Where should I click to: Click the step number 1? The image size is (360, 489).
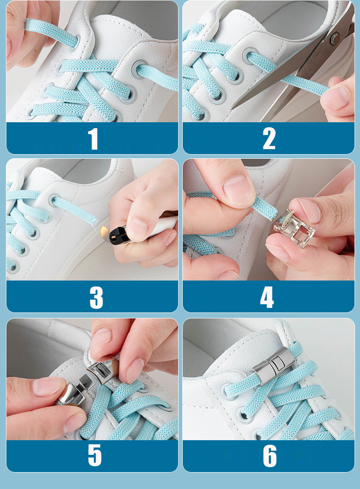(x=93, y=139)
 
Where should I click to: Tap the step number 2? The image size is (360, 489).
(x=269, y=139)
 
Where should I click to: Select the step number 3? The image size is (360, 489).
(x=96, y=297)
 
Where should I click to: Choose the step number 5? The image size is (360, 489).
(x=95, y=456)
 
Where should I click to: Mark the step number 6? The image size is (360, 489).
(x=269, y=456)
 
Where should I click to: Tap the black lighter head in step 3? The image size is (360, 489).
(x=118, y=234)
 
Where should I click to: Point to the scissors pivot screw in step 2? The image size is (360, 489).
(x=335, y=39)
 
